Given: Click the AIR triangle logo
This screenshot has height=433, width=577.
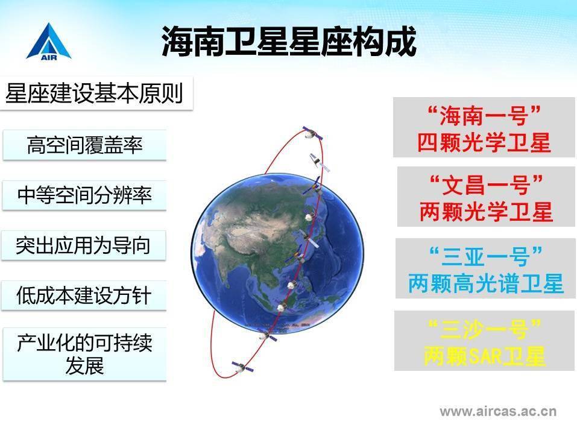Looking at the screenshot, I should pos(48,42).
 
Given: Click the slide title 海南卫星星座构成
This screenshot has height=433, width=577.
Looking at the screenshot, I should pos(289,42).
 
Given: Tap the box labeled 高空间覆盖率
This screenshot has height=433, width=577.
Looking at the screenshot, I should pos(84,145).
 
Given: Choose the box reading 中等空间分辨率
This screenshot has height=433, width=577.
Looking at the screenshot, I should pos(84,195).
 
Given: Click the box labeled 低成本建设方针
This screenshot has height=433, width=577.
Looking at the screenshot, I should pos(84,296).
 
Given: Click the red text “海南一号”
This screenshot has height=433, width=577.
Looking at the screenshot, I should pos(484,114).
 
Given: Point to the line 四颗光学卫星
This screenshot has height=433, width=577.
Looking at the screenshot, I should pos(484,142).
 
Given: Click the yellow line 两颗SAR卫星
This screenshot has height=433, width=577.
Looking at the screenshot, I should pos(485,356).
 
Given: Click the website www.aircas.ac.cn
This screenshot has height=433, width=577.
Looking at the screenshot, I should pos(497,412).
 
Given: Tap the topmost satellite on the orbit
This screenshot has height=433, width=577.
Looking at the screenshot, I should pos(310,132).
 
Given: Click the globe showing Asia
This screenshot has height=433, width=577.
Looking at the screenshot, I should pos(271,253).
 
